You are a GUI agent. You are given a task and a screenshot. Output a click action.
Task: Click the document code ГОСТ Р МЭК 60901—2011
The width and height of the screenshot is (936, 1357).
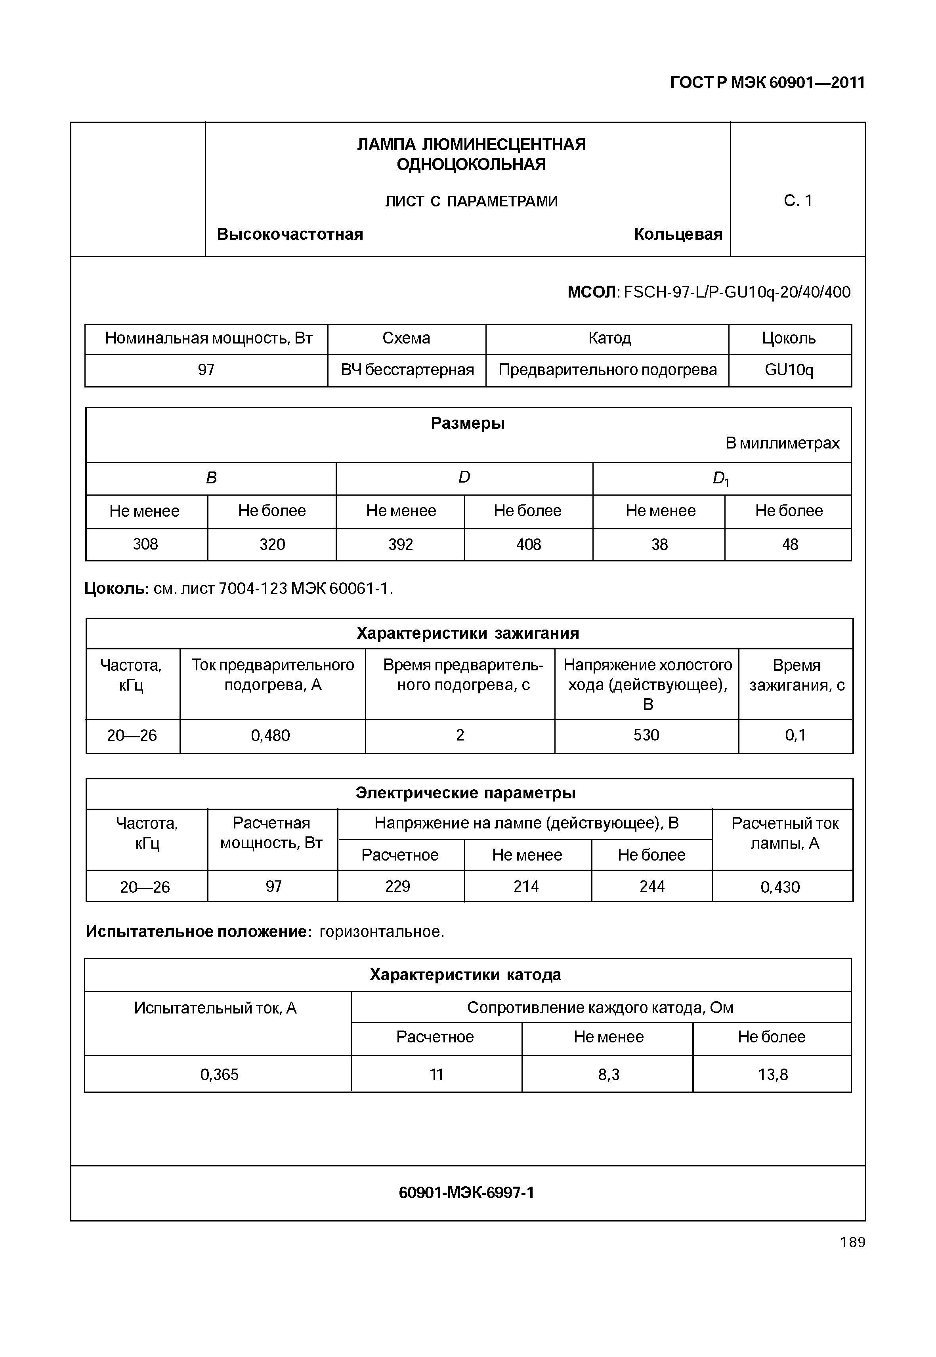point(767,83)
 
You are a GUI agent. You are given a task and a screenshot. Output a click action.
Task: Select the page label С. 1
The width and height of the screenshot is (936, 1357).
point(798,201)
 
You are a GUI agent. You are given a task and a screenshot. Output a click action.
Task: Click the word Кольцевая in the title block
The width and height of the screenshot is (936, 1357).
point(678,235)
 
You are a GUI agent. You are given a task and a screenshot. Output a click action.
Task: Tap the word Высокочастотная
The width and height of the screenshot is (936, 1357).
point(290,235)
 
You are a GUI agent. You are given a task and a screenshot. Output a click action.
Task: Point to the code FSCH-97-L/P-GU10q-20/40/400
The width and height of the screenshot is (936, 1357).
point(737,292)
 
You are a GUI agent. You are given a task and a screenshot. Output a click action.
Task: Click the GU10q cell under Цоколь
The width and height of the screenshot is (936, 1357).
point(789,370)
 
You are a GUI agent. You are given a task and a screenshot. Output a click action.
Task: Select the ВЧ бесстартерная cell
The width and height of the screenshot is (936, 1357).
point(407,370)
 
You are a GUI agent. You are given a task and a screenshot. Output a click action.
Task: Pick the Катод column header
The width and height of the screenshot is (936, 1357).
point(609,338)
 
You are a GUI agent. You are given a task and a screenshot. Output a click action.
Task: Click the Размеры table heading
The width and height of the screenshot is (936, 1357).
point(468,424)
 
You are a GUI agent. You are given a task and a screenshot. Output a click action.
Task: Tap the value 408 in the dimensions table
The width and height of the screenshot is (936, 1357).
point(528,545)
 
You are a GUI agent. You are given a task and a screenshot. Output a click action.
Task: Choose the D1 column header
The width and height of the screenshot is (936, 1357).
point(721,479)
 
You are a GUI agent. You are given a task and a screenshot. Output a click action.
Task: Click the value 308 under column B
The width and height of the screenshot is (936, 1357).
point(145,545)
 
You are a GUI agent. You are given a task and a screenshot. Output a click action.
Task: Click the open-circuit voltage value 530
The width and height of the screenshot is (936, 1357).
point(646,735)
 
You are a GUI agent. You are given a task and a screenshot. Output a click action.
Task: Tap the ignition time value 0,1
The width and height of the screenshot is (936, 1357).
point(795,735)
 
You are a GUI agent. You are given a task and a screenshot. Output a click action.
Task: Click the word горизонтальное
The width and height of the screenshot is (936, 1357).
point(381,932)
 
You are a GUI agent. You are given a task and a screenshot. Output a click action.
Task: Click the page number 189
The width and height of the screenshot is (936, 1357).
point(852,1242)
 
